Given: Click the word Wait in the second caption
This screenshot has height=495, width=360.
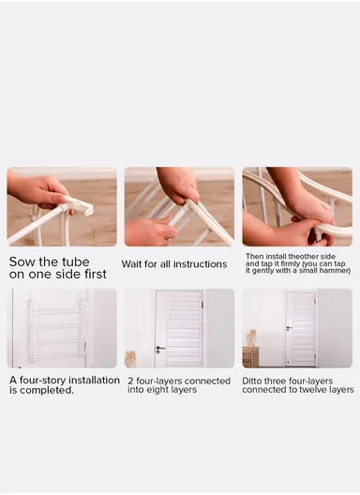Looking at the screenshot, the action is (x=131, y=264).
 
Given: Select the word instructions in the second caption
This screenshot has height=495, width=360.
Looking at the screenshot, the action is (x=201, y=264).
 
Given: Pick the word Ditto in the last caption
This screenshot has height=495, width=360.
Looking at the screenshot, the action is (x=251, y=381).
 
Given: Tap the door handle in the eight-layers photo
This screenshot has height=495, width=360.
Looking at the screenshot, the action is (x=159, y=349).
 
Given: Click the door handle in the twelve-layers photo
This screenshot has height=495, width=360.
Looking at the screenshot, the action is (x=289, y=328).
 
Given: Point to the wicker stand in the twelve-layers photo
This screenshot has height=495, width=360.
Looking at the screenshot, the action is (x=250, y=357).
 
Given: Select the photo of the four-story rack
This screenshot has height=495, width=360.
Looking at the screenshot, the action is (x=62, y=328).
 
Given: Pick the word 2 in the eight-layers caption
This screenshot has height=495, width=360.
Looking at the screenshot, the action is (x=130, y=381).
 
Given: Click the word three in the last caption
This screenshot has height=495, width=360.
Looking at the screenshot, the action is (x=274, y=381).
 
